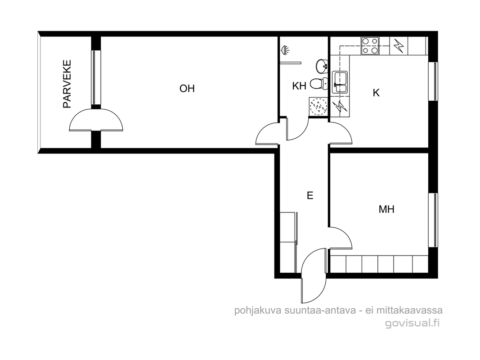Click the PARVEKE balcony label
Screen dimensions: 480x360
click(x=67, y=84)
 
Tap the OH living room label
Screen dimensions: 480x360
click(x=187, y=89)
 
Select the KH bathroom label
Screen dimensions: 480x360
click(x=299, y=86)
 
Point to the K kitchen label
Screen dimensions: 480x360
click(x=376, y=92)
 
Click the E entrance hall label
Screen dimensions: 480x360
click(x=310, y=195)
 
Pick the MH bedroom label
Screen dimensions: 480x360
click(x=386, y=209)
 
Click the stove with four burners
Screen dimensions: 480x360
click(x=370, y=45)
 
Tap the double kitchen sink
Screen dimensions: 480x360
click(x=340, y=82)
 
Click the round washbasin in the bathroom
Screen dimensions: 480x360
click(x=322, y=66)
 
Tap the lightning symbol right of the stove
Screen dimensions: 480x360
click(x=398, y=45)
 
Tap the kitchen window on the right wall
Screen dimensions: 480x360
click(x=433, y=81)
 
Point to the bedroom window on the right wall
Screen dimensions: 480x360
click(x=433, y=220)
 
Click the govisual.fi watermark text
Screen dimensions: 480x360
click(x=412, y=323)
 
